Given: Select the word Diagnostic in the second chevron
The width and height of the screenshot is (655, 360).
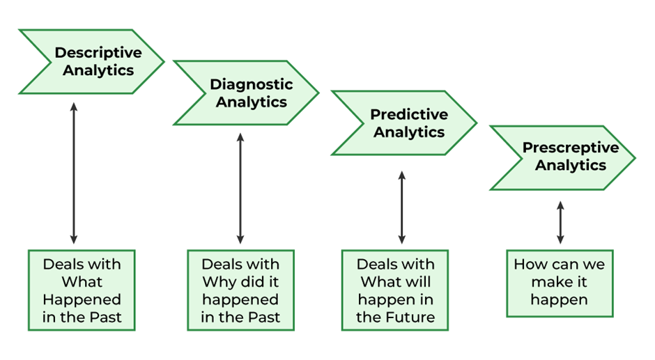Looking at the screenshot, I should click(252, 84).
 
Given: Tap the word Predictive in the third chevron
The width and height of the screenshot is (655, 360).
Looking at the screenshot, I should click(408, 114).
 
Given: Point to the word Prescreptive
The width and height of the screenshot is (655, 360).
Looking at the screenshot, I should click(571, 148).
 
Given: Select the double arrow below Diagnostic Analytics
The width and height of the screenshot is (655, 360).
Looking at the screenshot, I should click(240, 188).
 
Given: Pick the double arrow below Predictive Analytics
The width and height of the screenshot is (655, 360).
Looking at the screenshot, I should click(401, 208).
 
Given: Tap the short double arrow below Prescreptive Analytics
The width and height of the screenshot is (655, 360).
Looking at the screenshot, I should click(560, 222).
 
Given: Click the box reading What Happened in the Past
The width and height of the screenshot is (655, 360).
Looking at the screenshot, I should click(82, 290).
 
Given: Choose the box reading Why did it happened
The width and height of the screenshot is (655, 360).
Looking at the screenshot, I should click(240, 290).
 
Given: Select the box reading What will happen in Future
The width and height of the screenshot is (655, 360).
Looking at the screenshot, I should click(395, 290).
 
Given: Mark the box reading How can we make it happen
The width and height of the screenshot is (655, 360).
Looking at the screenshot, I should click(560, 283).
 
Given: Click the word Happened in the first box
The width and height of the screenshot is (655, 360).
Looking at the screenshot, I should click(82, 299).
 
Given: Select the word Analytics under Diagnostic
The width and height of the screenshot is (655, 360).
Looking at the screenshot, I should click(252, 102).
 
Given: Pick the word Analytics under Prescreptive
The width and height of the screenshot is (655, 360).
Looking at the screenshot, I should click(571, 165).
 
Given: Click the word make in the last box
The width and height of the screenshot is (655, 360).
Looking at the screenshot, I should click(550, 283).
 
